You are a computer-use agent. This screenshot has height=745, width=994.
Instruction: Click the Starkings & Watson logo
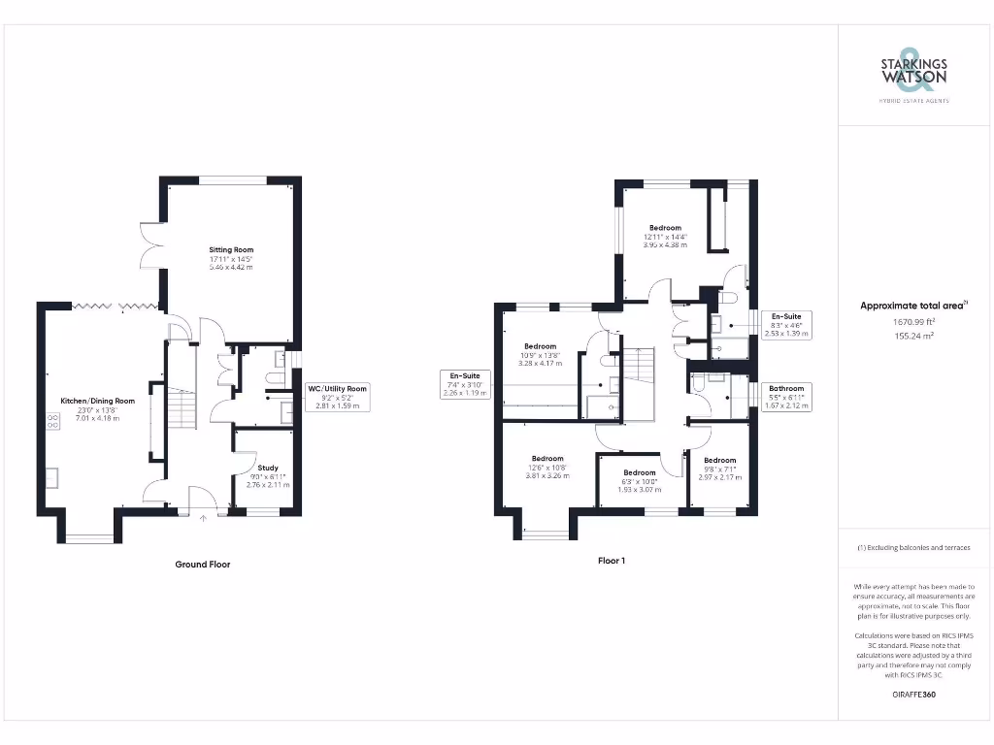[913, 74]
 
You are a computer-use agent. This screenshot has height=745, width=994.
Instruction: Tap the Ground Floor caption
[202, 564]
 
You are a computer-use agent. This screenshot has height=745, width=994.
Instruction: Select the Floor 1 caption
[611, 561]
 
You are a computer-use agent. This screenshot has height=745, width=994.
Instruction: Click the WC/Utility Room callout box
[339, 397]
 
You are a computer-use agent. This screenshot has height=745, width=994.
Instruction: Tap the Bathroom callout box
[786, 397]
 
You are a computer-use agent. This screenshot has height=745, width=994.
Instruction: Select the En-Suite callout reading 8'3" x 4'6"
[785, 325]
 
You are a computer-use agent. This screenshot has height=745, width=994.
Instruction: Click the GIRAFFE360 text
[913, 695]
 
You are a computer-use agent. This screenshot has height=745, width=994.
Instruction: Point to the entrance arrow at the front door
[203, 518]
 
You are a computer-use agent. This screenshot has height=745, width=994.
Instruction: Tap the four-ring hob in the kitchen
[50, 422]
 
